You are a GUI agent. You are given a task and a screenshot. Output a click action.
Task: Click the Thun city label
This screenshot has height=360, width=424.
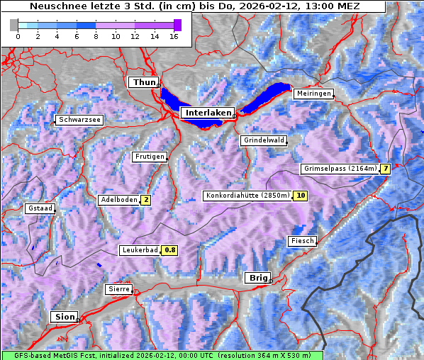[144, 83]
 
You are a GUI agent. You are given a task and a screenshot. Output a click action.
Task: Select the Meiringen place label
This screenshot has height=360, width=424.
[313, 94]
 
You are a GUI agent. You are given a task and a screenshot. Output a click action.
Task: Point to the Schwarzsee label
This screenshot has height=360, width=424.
[80, 120]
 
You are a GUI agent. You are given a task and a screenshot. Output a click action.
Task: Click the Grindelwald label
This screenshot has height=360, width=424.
[263, 140]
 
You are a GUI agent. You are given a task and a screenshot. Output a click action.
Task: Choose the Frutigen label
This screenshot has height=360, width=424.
[149, 157]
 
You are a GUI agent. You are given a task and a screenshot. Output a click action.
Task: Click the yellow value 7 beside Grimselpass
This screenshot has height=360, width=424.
[385, 169]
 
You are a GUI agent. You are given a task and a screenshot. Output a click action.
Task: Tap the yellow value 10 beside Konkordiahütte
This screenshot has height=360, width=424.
[301, 196]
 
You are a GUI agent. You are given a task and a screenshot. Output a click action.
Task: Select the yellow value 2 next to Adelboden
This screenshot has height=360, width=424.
[145, 200]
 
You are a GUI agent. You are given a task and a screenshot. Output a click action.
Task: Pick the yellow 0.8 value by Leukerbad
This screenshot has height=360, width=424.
[169, 250]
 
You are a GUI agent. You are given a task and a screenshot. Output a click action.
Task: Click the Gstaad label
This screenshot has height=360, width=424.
[39, 209]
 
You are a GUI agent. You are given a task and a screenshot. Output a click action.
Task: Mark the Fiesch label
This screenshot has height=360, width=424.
[301, 241]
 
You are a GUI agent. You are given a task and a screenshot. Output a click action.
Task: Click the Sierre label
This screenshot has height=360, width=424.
[118, 289]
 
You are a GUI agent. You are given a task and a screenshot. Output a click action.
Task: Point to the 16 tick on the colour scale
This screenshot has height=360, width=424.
[174, 35]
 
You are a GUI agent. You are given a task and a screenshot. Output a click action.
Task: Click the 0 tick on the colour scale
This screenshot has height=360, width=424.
[18, 35]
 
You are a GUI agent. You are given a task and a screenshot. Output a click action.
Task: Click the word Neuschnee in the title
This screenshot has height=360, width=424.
[53, 6]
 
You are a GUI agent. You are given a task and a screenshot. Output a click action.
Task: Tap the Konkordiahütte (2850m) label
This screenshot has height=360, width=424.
[247, 196]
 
